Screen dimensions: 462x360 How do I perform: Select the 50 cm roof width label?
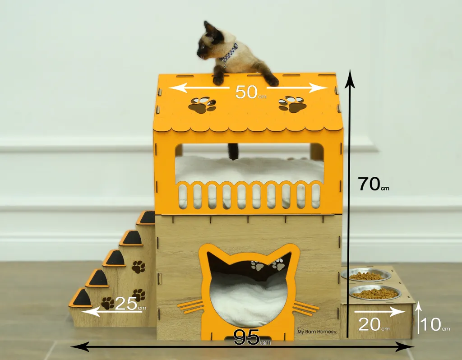pyautogui.click(x=251, y=92)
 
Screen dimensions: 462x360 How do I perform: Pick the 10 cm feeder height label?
pyautogui.click(x=435, y=324)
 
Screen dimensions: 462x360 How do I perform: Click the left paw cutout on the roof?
pyautogui.click(x=202, y=105)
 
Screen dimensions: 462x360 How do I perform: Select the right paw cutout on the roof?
pyautogui.click(x=292, y=104)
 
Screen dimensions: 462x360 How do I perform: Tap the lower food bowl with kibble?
pyautogui.click(x=375, y=292)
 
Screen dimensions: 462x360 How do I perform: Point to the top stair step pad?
pyautogui.click(x=147, y=217)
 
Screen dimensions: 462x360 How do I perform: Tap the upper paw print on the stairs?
pyautogui.click(x=138, y=267)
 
